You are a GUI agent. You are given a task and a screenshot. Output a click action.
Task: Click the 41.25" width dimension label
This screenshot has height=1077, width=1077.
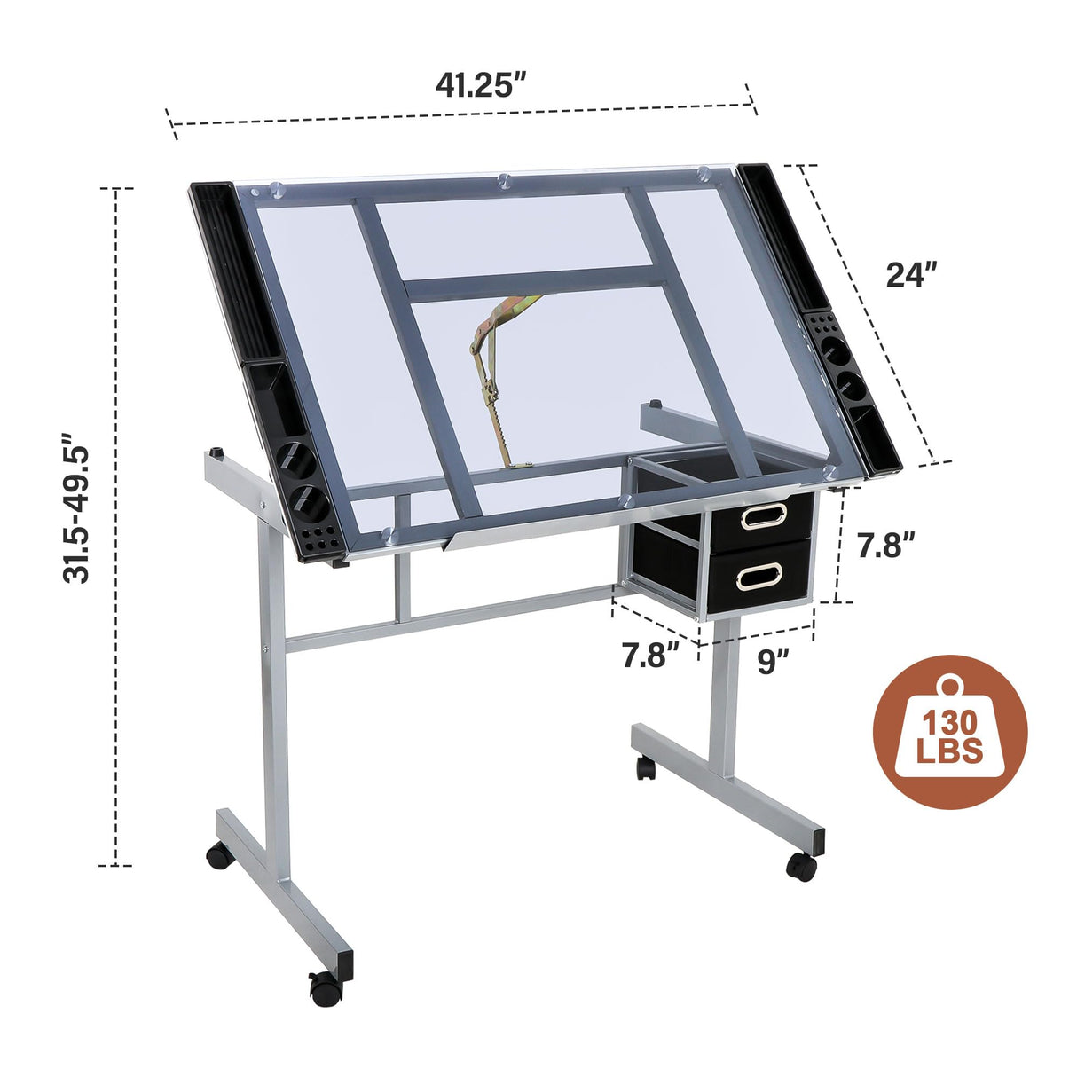point(481,85)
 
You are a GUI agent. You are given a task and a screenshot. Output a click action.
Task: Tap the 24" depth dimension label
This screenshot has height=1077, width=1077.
point(911,275)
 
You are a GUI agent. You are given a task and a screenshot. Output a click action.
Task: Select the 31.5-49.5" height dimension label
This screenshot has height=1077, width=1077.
point(78,508)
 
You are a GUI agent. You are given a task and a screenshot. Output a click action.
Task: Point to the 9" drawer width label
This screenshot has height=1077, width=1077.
point(772,661)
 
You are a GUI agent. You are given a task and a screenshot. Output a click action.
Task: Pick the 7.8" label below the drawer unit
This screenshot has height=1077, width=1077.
point(649,656)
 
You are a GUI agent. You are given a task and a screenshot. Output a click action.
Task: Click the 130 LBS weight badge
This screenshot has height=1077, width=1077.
point(950,733)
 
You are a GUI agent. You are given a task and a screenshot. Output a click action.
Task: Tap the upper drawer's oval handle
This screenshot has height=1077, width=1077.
point(762,515)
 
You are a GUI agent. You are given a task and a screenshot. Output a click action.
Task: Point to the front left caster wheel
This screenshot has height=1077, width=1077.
point(323,986)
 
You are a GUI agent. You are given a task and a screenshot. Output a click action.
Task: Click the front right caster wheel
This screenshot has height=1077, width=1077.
point(802,865)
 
